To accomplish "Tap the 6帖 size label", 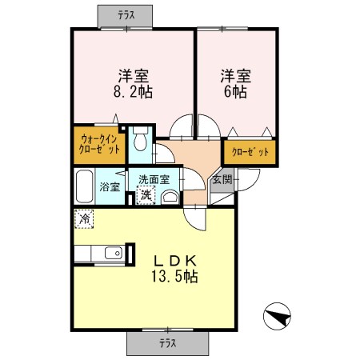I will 235,92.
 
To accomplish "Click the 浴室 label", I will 110,187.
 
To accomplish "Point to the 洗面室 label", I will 154,180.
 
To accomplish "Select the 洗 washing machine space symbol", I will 146,194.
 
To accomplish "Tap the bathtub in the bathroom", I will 84,187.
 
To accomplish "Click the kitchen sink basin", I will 112,254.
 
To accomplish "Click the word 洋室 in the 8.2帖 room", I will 134,76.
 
